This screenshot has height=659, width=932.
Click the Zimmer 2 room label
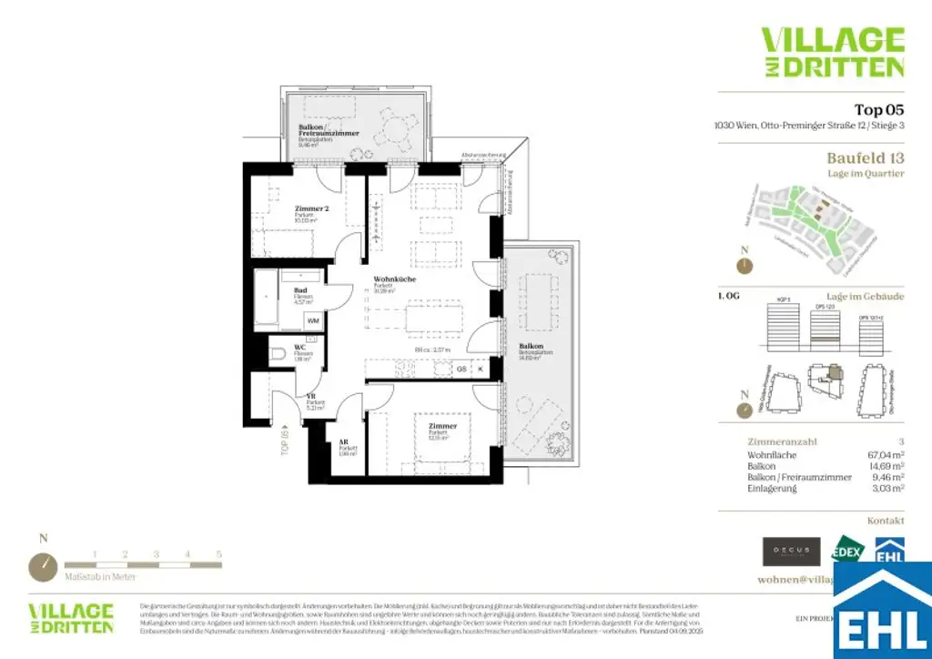pos(311,208)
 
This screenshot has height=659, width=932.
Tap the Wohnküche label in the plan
pos(394,279)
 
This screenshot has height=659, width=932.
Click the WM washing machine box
pos(312,320)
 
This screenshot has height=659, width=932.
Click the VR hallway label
pos(311,396)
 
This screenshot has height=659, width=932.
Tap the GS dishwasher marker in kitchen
pos(461,369)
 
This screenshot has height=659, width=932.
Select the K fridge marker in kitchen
pos(481,369)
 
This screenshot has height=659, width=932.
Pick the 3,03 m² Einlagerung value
pos(886,488)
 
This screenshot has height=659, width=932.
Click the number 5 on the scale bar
pos(218,553)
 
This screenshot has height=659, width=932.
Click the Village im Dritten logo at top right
pos(832,52)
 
